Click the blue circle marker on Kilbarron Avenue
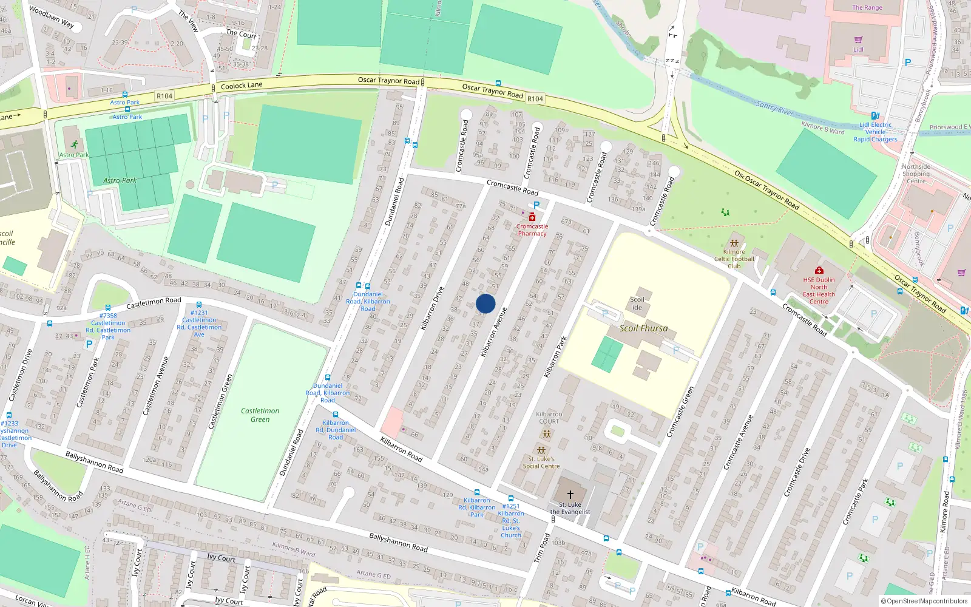(x=486, y=303)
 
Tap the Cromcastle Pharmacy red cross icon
(x=532, y=217)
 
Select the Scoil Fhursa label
(x=643, y=328)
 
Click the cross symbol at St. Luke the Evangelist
(x=570, y=495)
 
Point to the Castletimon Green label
(x=260, y=415)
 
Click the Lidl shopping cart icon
(x=858, y=40)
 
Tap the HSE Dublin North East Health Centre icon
(x=819, y=270)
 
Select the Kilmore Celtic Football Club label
(x=734, y=259)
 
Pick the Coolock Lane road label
(x=242, y=86)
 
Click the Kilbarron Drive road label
(x=432, y=308)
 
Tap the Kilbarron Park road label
(x=555, y=357)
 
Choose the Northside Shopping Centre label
(x=916, y=174)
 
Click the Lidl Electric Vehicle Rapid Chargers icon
(x=875, y=115)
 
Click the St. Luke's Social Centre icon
(x=541, y=450)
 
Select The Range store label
(x=867, y=7)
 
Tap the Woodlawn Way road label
(x=52, y=18)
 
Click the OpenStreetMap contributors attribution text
(x=924, y=601)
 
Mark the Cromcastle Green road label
(x=680, y=412)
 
